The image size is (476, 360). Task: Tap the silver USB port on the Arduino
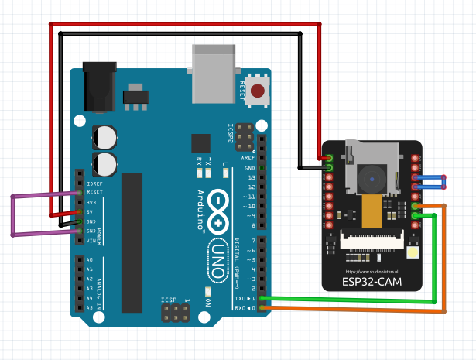click(x=213, y=74)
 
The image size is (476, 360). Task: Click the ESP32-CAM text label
click(x=372, y=281)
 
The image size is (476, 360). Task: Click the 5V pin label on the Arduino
click(x=90, y=211)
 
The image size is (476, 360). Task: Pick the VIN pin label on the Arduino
click(x=91, y=240)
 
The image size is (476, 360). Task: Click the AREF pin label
click(x=248, y=158)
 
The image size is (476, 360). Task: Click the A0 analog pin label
click(x=90, y=260)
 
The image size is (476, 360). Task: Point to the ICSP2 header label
click(x=230, y=134)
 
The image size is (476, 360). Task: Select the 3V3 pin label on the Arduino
click(x=91, y=202)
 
